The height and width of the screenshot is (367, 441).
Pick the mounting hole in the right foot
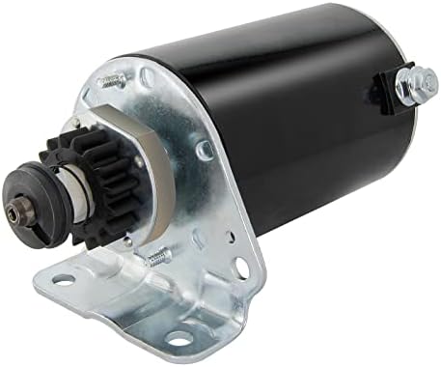pyautogui.click(x=178, y=338)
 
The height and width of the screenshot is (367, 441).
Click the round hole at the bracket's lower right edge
pyautogui.click(x=238, y=267)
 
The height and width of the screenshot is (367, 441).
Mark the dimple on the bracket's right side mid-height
pyautogui.click(x=204, y=151)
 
